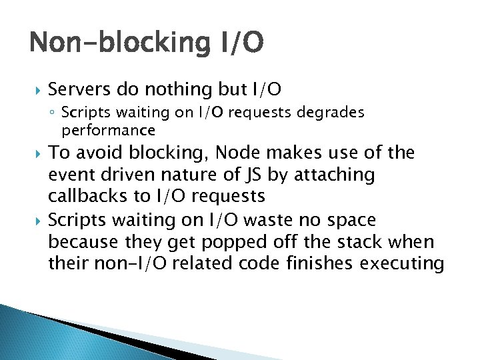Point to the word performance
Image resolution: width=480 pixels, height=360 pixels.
pos(108,129)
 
